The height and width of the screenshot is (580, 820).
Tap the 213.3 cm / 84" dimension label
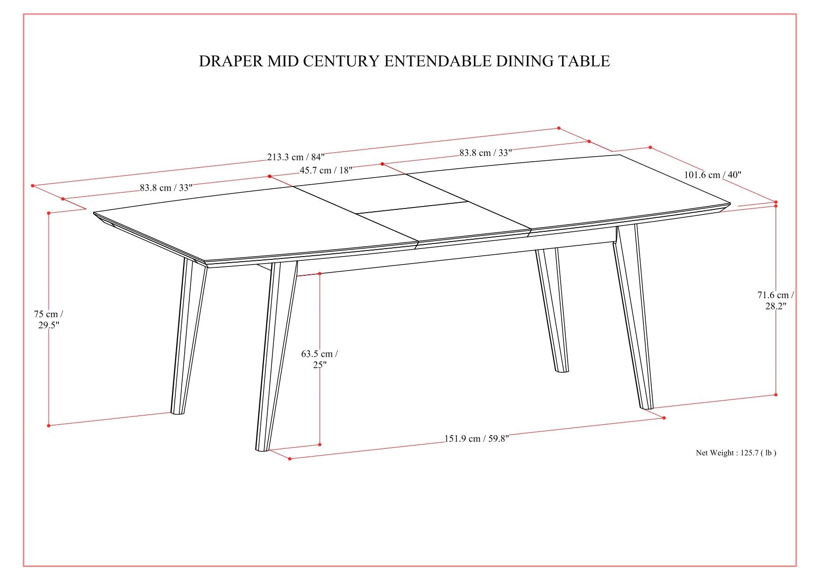pos(296,157)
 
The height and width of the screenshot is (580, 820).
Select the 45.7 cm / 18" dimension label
pos(326,170)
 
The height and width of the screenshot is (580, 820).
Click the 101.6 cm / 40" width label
pos(713,175)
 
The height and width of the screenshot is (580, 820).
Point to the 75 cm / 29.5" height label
pos(48,320)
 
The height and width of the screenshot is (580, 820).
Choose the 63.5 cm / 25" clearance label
pos(320,359)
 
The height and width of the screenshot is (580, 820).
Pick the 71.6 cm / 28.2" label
pos(776,301)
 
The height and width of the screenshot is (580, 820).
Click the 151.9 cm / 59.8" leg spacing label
pos(476,438)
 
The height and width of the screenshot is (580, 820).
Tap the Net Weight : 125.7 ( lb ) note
pos(736,452)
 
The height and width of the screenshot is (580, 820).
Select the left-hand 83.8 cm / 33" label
pos(166,188)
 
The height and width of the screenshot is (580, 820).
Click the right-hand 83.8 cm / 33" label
pos(485,152)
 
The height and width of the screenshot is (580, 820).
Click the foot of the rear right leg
pos(562,370)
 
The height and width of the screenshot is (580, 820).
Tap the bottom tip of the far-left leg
pos(178,412)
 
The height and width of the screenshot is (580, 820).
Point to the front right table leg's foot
pos(647,407)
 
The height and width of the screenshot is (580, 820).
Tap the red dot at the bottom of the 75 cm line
pos(49,425)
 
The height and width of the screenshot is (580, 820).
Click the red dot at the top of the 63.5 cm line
pos(320,273)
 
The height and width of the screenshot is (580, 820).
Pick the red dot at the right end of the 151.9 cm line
pos(664,418)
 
